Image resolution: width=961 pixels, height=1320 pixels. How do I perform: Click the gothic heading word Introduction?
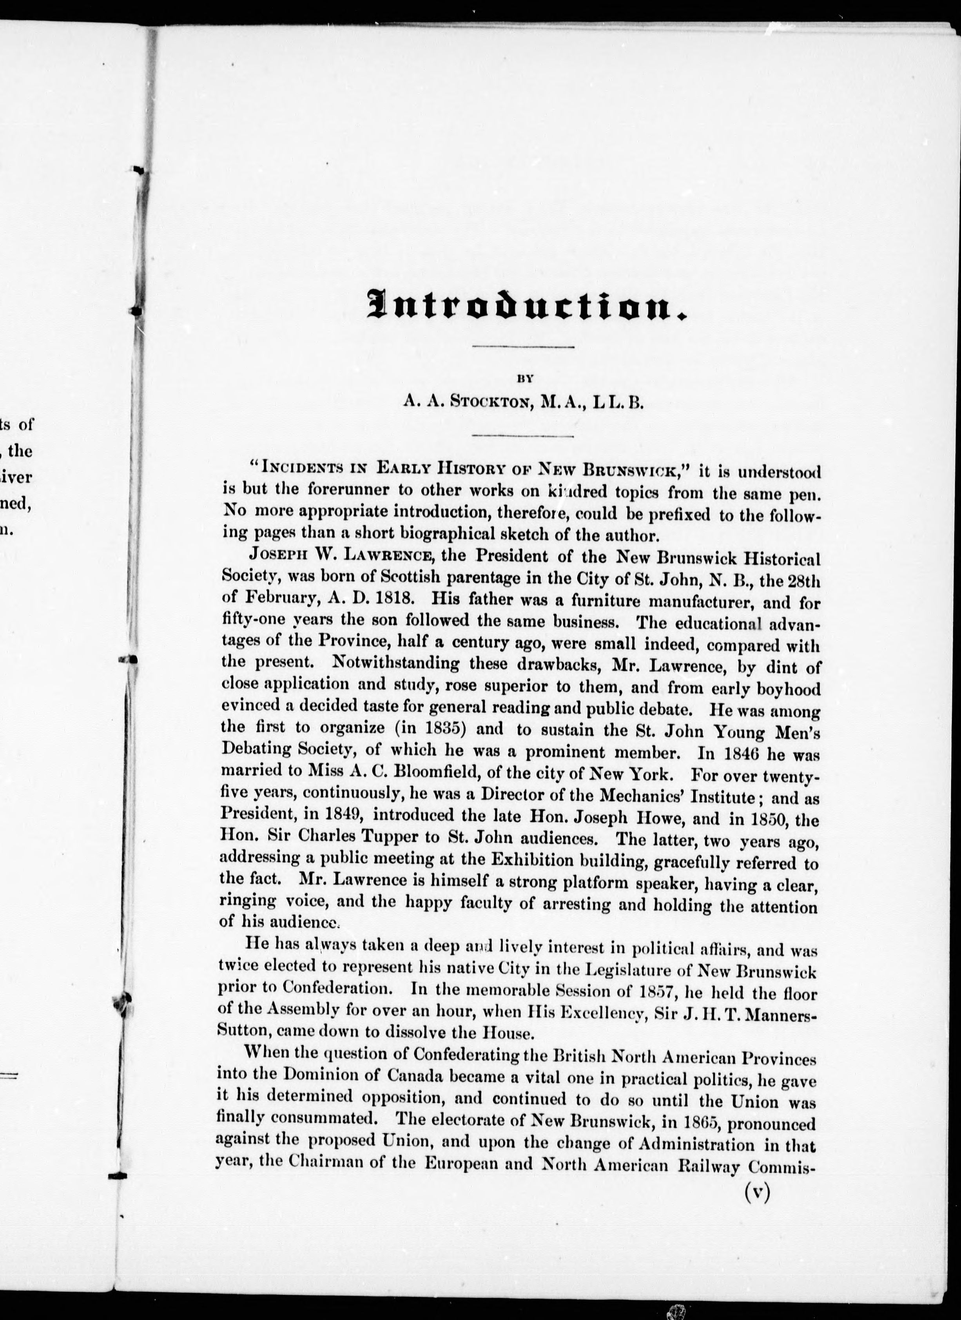527,305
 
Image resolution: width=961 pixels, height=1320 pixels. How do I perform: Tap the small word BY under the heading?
524,378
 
